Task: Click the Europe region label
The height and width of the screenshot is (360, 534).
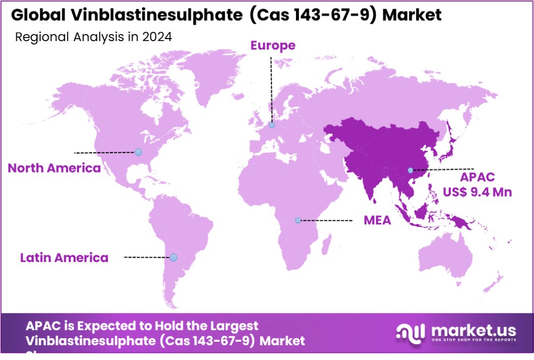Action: point(273,46)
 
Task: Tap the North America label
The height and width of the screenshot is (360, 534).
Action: point(54,168)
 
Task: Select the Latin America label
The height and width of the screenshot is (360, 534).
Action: point(64,257)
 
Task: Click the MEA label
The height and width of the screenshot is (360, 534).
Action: point(377,220)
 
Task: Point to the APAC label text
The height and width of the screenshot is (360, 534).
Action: point(477,178)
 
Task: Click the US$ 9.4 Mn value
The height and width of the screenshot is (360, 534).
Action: point(478,192)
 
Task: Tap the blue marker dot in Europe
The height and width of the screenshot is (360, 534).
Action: point(272,125)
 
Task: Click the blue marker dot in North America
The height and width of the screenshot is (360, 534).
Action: point(138,152)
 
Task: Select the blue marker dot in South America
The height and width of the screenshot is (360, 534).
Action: point(174,257)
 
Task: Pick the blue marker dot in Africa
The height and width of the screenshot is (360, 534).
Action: point(298,220)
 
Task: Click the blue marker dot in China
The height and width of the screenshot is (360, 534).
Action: point(410,170)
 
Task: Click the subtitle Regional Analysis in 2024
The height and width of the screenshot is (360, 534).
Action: point(93,37)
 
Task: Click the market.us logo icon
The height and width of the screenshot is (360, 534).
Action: point(410,333)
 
